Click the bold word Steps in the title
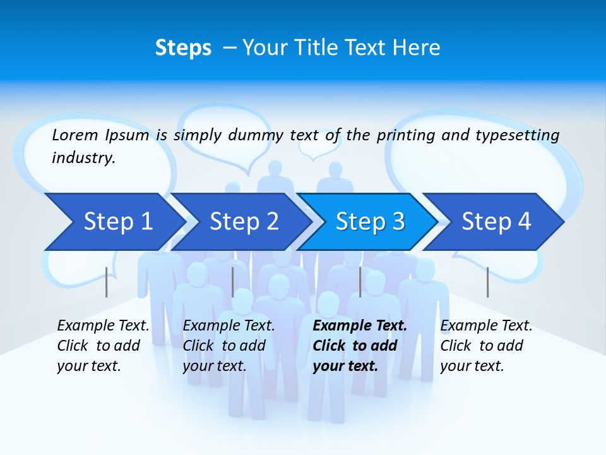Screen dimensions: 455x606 (x=183, y=47)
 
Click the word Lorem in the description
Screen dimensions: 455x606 (x=75, y=135)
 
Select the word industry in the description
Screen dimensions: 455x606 (x=83, y=158)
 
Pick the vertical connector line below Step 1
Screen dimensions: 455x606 (x=107, y=282)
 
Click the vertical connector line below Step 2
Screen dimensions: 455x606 (x=233, y=282)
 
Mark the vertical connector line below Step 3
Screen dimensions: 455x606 (x=360, y=282)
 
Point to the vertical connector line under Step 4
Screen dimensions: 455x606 (x=487, y=282)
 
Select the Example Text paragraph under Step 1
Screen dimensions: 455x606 (x=103, y=346)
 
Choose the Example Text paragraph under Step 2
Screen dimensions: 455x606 (x=229, y=346)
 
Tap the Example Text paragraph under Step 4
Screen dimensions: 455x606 (x=486, y=346)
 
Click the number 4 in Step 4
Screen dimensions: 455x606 (x=524, y=221)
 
